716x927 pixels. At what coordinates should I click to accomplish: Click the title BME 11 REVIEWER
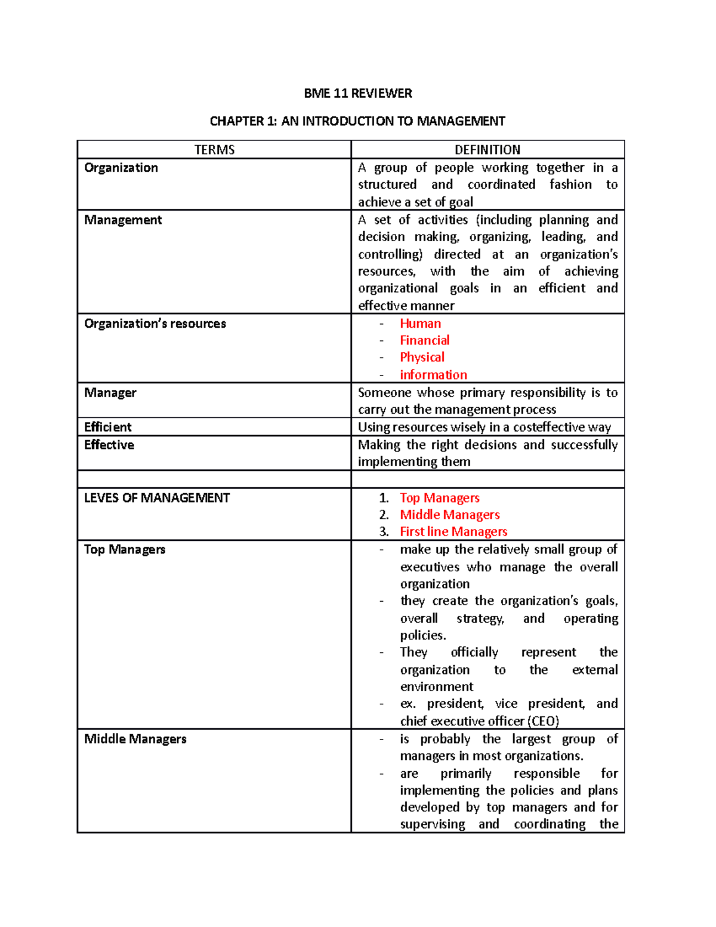[x=357, y=93]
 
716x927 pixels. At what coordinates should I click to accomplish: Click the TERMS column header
[x=214, y=150]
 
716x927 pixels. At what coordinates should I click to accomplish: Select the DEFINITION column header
[x=487, y=150]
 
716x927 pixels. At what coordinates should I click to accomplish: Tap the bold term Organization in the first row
[x=121, y=168]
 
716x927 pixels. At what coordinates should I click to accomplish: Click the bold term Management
[x=123, y=220]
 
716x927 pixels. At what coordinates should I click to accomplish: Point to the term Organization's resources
[x=155, y=324]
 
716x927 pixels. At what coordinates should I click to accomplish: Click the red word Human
[x=420, y=324]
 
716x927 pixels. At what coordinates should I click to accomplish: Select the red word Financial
[x=424, y=340]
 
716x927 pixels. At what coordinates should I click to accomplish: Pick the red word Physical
[x=422, y=357]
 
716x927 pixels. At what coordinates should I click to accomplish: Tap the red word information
[x=433, y=374]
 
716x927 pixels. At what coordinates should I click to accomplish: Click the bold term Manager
[x=110, y=392]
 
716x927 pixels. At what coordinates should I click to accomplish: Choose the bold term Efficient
[x=108, y=427]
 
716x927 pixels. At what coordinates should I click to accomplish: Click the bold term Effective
[x=109, y=445]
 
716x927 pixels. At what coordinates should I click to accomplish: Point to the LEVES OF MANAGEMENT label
[x=157, y=498]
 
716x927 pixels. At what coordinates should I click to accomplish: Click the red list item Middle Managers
[x=449, y=515]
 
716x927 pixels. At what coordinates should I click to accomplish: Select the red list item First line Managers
[x=453, y=531]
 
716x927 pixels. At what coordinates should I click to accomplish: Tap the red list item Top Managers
[x=439, y=498]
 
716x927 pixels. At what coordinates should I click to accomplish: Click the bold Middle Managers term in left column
[x=135, y=739]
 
